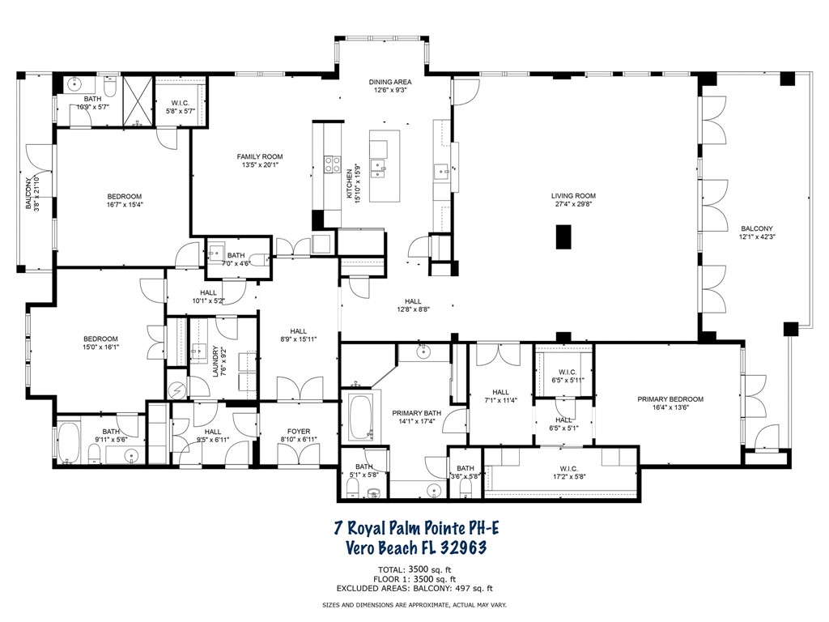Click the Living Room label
[x=573, y=196]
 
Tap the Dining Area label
[x=390, y=82]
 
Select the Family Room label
[x=259, y=156]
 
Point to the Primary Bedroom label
[x=670, y=399]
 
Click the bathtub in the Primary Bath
[x=359, y=415]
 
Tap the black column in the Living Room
[x=563, y=236]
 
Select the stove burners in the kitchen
[x=332, y=164]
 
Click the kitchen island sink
[x=378, y=168]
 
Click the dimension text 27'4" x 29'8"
[x=573, y=205]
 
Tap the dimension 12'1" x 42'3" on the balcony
[x=756, y=237]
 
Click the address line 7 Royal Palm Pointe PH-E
[x=417, y=529]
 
